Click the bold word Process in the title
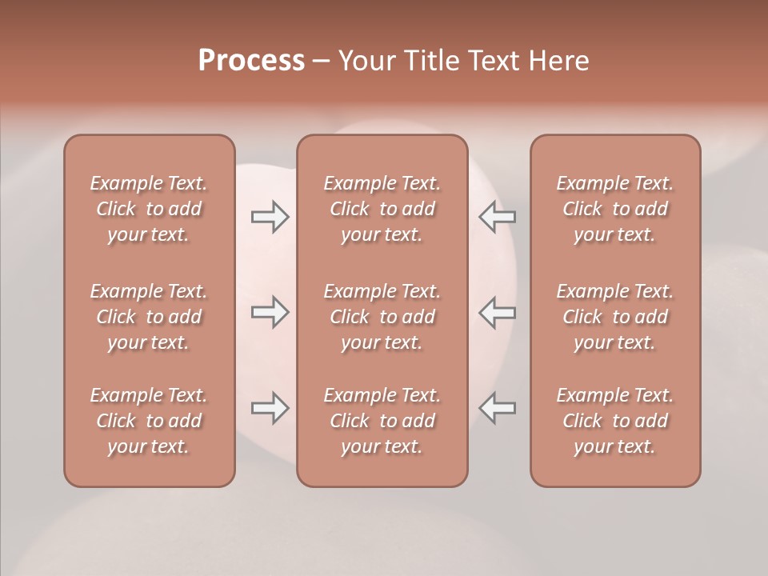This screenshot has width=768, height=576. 251,61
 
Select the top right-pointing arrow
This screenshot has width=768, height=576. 270,216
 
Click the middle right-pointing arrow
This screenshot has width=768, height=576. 270,312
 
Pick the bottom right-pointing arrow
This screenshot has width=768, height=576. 270,408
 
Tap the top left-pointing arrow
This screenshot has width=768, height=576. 498,216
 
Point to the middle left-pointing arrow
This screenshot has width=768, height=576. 498,312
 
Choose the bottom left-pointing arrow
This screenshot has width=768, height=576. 498,408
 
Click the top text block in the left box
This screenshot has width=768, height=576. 149,209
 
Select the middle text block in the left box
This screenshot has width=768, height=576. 149,317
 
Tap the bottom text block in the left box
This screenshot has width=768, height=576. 149,421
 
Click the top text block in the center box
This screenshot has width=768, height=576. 382,209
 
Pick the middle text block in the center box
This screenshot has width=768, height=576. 382,317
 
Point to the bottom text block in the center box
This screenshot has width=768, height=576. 382,421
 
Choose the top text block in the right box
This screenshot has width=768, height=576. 614,209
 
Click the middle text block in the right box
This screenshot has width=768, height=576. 614,317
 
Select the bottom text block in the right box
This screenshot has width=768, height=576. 614,421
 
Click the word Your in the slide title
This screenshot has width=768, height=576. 366,61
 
